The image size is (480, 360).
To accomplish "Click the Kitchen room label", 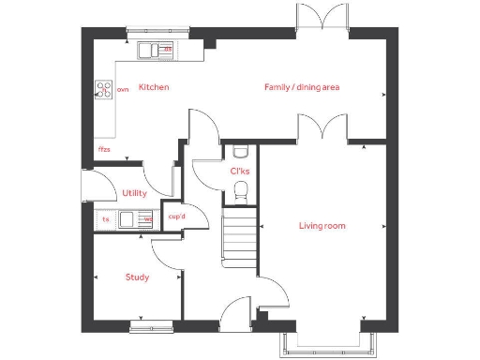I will click(154, 87).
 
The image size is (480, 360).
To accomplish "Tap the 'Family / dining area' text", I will click(301, 87).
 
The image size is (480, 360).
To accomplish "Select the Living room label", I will click(322, 226).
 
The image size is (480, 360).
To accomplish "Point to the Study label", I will click(138, 277).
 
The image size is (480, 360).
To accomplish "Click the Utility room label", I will click(134, 193).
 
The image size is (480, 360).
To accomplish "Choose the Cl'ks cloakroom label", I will click(239, 171).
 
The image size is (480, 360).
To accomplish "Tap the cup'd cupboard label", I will click(176, 217).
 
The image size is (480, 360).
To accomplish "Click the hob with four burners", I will click(103, 90).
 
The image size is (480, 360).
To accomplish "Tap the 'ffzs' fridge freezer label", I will click(104, 149).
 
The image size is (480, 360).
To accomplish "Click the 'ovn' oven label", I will click(122, 90).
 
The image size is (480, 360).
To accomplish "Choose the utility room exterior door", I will click(85, 187).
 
